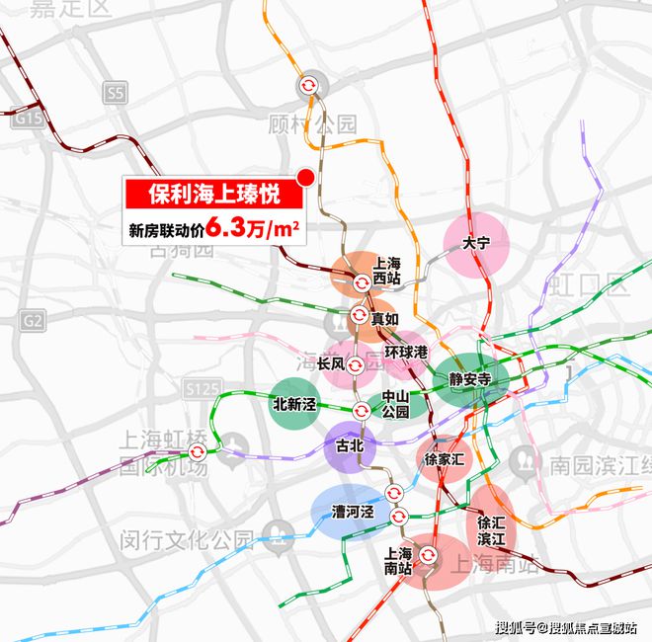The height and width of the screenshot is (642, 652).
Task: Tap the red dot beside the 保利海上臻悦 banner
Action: [306, 178]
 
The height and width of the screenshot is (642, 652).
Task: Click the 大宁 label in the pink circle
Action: [476, 242]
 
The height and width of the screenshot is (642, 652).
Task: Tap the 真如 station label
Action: [384, 319]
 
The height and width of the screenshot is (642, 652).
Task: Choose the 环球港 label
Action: [407, 352]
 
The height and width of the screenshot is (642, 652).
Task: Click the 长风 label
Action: [331, 363]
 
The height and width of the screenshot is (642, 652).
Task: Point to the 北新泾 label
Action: [294, 404]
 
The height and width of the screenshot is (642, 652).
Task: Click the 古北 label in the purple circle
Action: [351, 446]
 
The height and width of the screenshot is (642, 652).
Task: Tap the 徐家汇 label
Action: [444, 459]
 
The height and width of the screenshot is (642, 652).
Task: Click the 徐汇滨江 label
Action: [491, 530]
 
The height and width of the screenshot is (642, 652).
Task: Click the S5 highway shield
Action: [116, 94]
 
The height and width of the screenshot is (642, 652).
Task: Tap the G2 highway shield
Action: [33, 320]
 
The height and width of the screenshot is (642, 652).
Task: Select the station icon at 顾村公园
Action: [309, 86]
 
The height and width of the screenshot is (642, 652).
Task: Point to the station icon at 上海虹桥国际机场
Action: [197, 451]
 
